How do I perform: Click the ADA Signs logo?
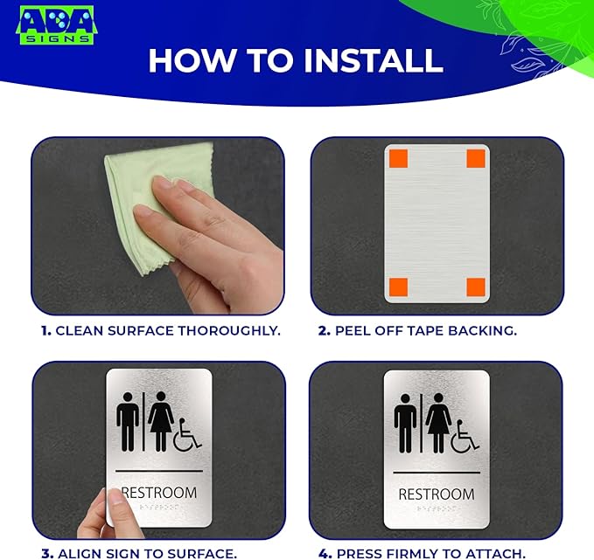pos(56,25)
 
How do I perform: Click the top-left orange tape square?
pos(397,158)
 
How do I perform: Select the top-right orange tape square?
pos(475,158)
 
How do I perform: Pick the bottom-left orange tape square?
pos(397,287)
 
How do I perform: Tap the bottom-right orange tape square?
pos(475,287)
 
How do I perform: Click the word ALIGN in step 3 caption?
pos(76,553)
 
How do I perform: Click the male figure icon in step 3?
pos(128,420)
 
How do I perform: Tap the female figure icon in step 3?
pos(160,420)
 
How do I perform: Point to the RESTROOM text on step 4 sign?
pos(436,494)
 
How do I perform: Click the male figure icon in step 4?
pos(405,422)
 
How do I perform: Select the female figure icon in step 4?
pos(437,422)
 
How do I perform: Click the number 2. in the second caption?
pos(323,331)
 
